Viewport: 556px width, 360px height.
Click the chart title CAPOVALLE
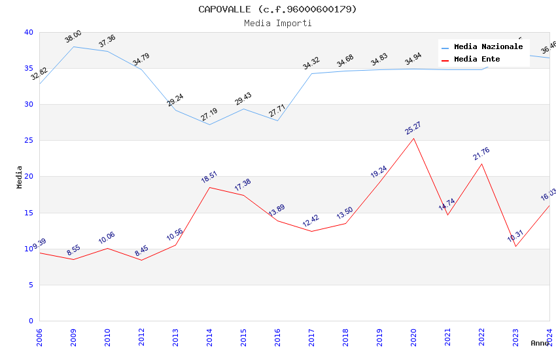[278, 9]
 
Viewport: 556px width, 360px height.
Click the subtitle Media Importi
[278, 23]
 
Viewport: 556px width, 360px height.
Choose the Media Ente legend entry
[477, 60]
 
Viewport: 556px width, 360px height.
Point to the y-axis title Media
[20, 177]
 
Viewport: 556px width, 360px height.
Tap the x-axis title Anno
[540, 343]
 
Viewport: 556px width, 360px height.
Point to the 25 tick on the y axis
[28, 140]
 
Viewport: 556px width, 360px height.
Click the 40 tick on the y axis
[28, 32]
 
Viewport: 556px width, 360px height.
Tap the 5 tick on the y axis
[30, 285]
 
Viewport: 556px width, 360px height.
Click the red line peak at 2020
[413, 138]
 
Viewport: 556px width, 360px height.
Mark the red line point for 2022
[482, 164]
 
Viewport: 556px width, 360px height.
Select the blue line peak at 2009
[73, 46]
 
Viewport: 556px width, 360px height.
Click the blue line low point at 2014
[209, 124]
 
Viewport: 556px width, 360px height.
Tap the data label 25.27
[413, 128]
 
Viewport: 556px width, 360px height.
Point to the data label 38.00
[73, 36]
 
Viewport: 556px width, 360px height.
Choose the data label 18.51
[209, 177]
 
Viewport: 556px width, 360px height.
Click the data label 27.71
[277, 109]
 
